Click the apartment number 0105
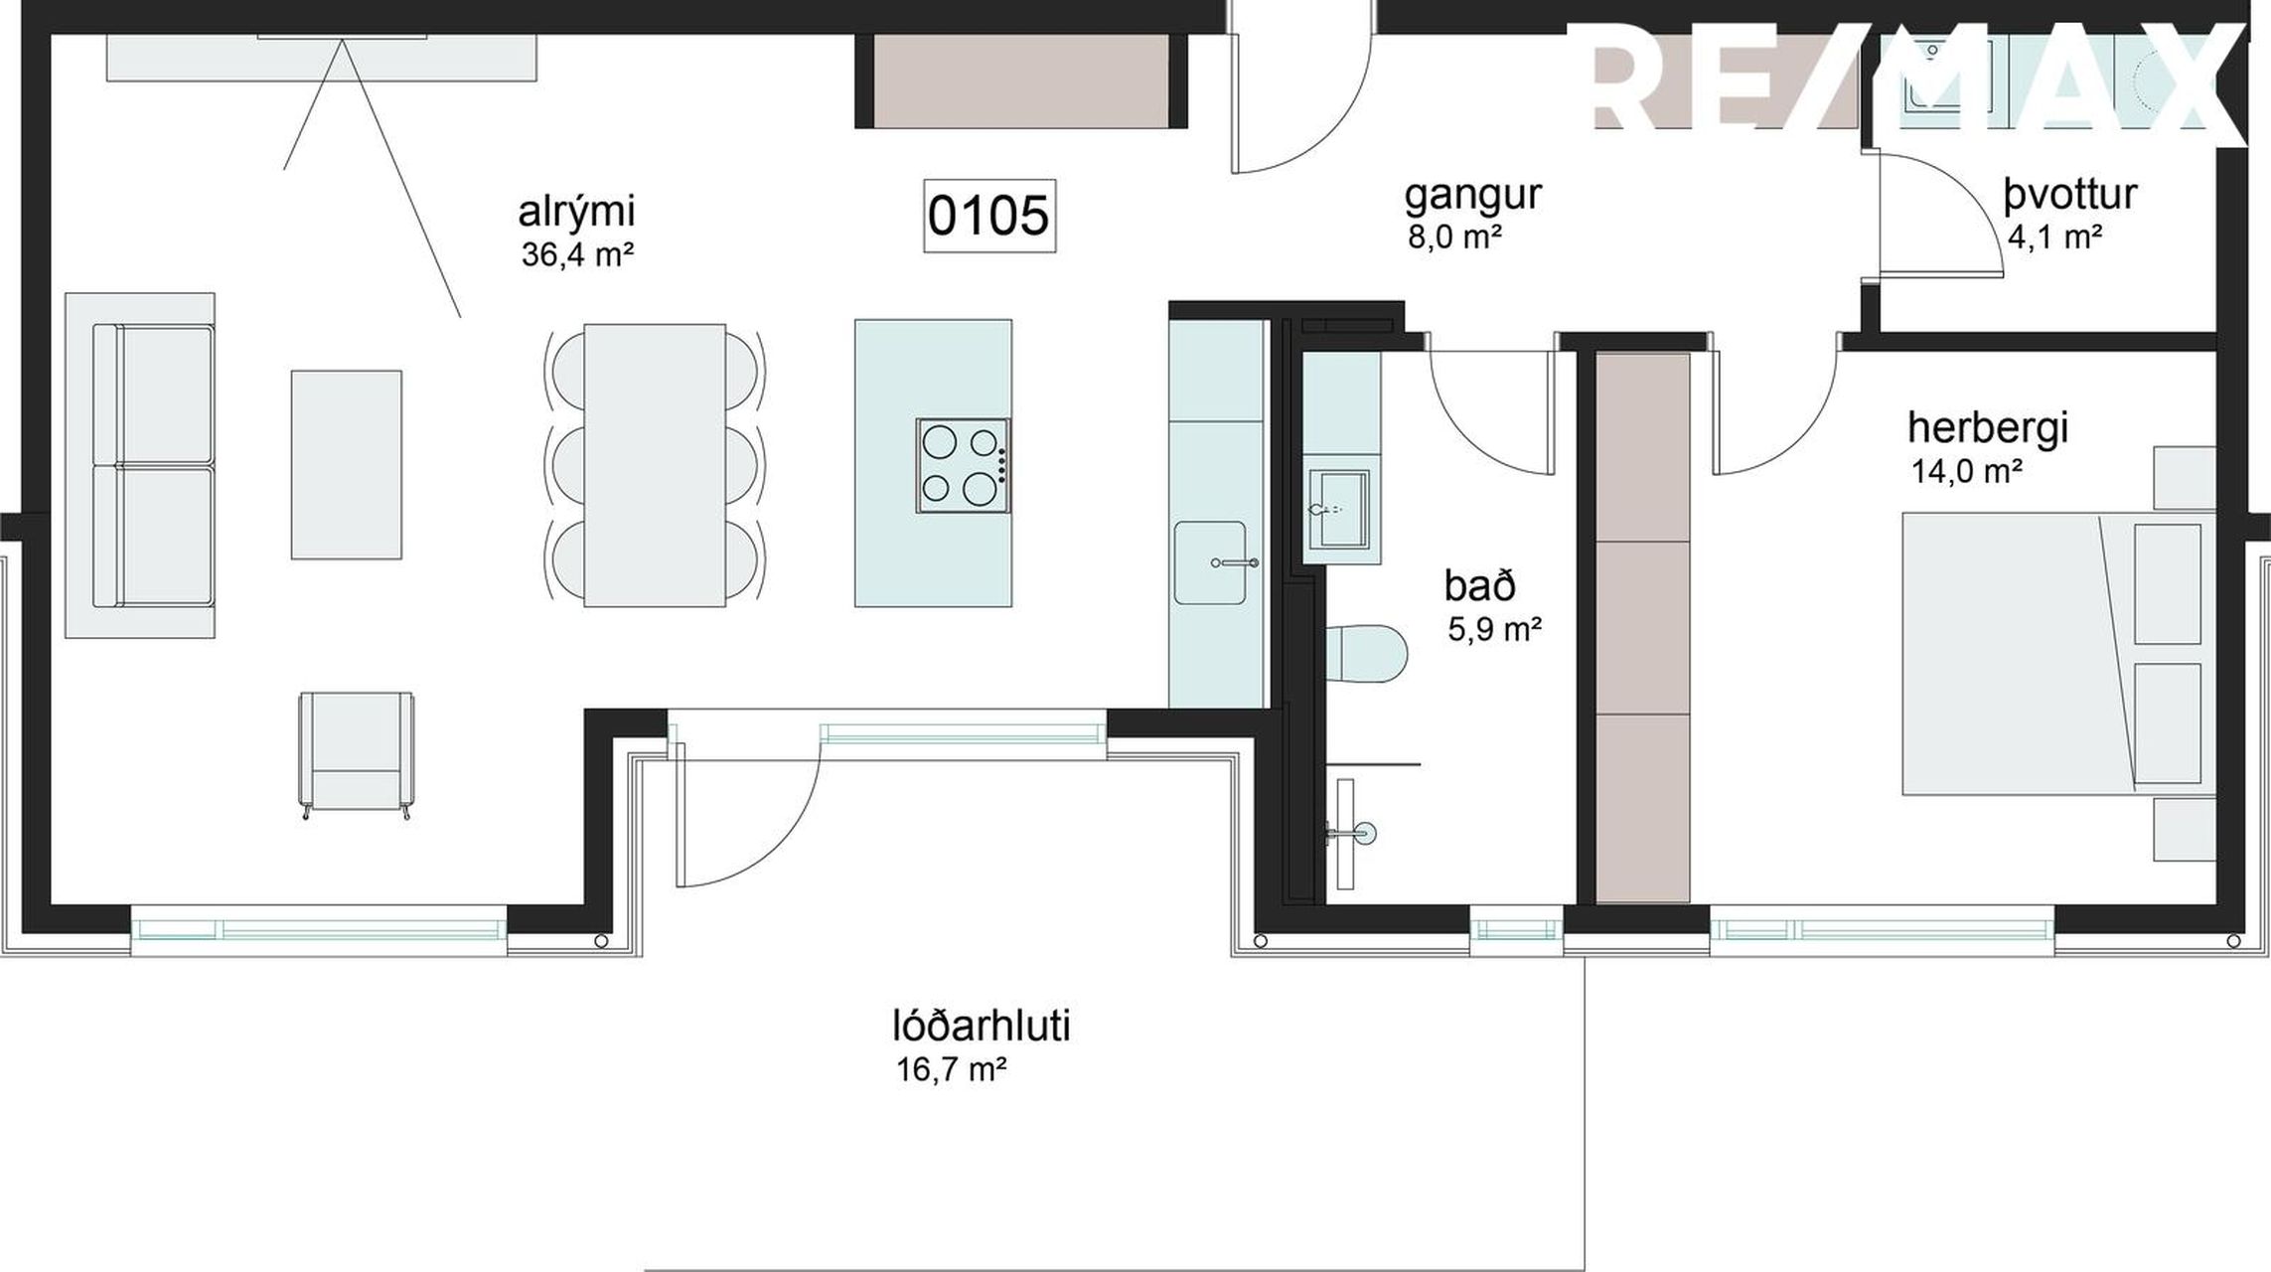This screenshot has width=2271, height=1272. click(x=988, y=216)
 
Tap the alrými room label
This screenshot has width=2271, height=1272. click(x=576, y=213)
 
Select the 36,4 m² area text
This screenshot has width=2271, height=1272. click(x=578, y=254)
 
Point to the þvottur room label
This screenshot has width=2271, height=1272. click(x=2070, y=195)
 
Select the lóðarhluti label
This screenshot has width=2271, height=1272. click(x=982, y=1025)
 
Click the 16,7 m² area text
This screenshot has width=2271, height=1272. click(x=952, y=1070)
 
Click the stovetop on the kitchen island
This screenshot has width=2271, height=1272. click(x=963, y=465)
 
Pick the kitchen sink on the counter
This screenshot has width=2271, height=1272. click(x=1210, y=562)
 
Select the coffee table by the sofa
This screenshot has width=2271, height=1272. click(x=347, y=464)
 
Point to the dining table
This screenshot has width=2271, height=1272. click(x=655, y=465)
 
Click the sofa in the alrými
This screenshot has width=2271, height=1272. click(x=140, y=465)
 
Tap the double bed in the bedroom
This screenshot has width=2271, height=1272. click(x=2058, y=654)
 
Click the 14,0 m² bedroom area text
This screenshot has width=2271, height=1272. click(x=1967, y=471)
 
